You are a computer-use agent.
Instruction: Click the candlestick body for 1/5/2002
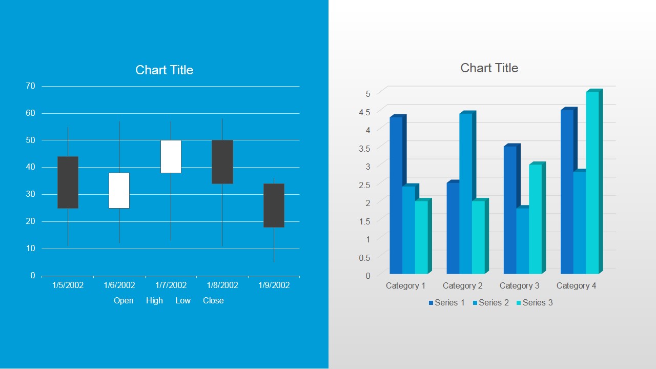(x=68, y=182)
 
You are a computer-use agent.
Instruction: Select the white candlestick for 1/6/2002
(x=119, y=191)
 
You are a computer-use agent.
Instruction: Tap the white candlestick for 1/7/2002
(x=171, y=156)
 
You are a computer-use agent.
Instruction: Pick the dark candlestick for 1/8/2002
(x=222, y=161)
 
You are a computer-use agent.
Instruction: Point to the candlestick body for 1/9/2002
(x=274, y=205)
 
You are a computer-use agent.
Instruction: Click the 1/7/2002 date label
(x=171, y=285)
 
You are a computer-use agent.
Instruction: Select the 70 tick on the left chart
(x=31, y=86)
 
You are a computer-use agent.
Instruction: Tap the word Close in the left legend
(x=213, y=300)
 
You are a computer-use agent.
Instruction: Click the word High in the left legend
(x=154, y=300)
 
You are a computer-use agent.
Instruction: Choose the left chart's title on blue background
(x=164, y=70)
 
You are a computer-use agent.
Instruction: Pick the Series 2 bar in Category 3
(x=523, y=240)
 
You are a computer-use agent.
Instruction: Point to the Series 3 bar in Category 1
(x=421, y=237)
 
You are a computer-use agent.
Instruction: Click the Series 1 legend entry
(x=446, y=302)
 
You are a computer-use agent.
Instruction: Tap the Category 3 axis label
(x=519, y=285)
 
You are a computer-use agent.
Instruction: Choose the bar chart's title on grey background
(x=489, y=68)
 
